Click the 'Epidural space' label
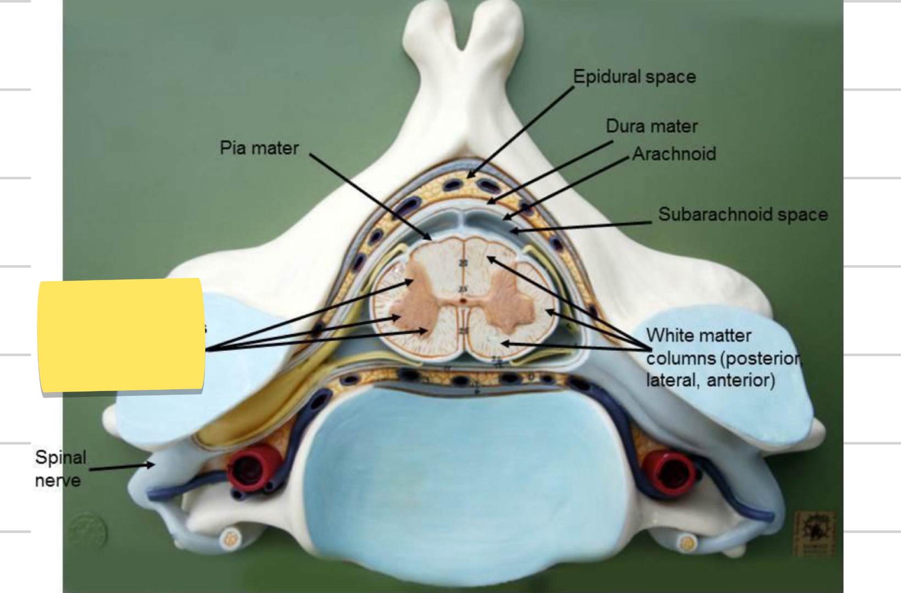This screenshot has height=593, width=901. click(x=634, y=76)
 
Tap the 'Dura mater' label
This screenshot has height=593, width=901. click(x=652, y=126)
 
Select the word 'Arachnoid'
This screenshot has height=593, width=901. click(x=674, y=154)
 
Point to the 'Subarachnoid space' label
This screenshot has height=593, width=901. click(x=743, y=214)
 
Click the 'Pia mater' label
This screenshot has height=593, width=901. click(x=259, y=148)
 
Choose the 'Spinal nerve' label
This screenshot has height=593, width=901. click(x=60, y=468)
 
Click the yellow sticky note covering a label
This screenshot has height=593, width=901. click(x=121, y=335)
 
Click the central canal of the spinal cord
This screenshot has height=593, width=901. click(x=464, y=300)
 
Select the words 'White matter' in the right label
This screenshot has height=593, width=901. click(x=698, y=335)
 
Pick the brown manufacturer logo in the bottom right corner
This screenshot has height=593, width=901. click(x=814, y=533)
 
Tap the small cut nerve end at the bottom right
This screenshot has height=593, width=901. click(x=687, y=544)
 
